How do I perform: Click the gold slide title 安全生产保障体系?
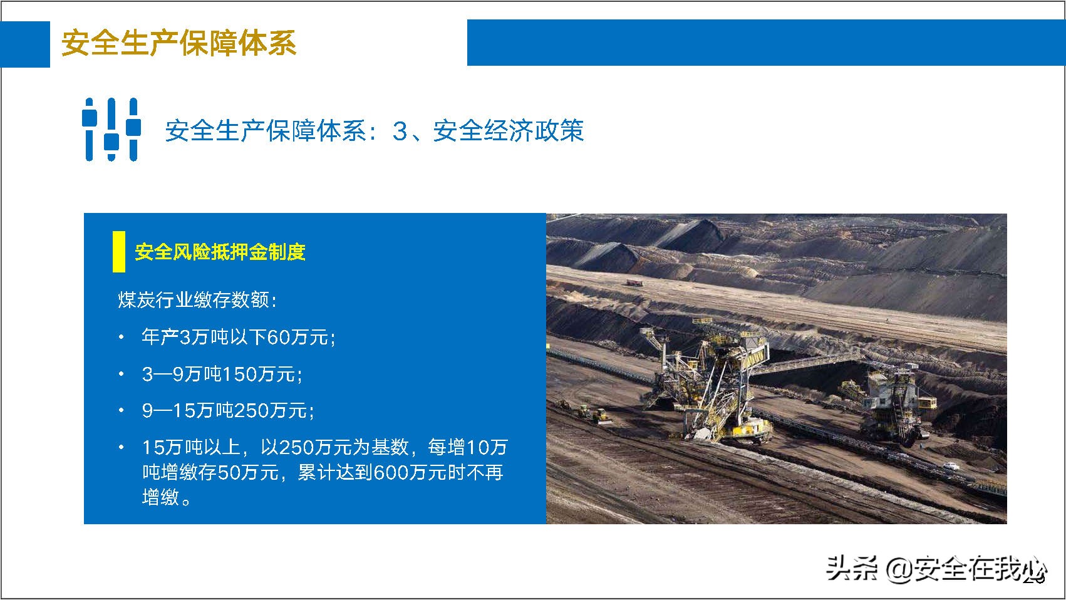point(179,43)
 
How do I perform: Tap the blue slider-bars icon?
point(111,130)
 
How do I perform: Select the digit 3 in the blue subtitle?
point(400,131)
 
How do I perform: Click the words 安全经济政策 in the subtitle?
point(508,130)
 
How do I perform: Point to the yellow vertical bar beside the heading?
point(118,252)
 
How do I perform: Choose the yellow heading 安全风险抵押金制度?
point(220,252)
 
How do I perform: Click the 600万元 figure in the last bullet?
point(410,472)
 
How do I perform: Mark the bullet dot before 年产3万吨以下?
point(122,338)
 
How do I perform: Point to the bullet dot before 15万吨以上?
point(122,447)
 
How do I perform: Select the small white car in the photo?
point(950,466)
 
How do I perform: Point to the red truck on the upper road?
point(634,283)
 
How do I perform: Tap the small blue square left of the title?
point(25,44)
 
